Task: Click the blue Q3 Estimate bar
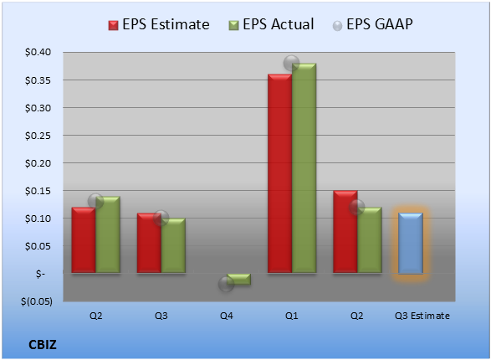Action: (x=411, y=244)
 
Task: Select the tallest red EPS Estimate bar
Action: (x=279, y=173)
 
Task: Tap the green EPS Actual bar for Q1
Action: (x=304, y=168)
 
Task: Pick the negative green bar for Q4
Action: (x=238, y=279)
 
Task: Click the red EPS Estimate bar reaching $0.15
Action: (x=345, y=232)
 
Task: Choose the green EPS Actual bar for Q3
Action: (x=173, y=245)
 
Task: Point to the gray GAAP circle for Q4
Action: (x=226, y=284)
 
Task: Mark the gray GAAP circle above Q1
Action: (x=292, y=64)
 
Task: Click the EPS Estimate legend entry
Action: (x=159, y=24)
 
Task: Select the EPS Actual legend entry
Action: (x=271, y=24)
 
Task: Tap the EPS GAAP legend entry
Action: (x=372, y=24)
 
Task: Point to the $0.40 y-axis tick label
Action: (x=38, y=52)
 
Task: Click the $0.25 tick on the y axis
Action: (x=38, y=136)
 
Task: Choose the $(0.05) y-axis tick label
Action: (x=37, y=301)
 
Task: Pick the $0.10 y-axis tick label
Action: (x=38, y=219)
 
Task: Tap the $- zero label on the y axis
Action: (x=40, y=274)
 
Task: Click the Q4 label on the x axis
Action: (x=227, y=316)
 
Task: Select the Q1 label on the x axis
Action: (x=292, y=316)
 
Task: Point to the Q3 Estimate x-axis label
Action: (x=422, y=316)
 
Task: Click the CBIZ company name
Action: (x=43, y=345)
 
